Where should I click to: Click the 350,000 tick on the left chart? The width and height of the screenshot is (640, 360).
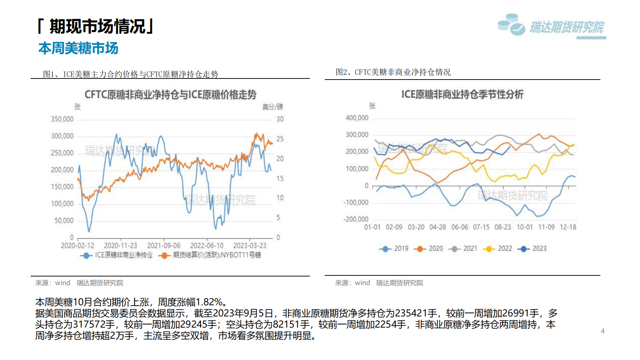click(x=62, y=119)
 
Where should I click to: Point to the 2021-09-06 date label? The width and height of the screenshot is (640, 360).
click(x=164, y=246)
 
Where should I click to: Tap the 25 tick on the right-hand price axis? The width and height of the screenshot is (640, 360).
click(x=280, y=139)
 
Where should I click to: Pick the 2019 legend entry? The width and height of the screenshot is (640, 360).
click(x=394, y=248)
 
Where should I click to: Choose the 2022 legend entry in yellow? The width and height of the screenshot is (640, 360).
click(x=499, y=248)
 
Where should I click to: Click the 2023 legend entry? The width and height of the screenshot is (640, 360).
click(x=533, y=248)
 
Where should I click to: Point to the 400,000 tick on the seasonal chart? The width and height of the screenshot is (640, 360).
click(x=357, y=118)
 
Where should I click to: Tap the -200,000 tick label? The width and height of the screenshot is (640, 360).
click(x=356, y=219)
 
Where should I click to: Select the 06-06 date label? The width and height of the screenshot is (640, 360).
click(x=460, y=227)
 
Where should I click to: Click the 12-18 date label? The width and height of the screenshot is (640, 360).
click(x=568, y=227)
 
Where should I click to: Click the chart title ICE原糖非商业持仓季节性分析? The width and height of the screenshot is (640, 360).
click(x=462, y=95)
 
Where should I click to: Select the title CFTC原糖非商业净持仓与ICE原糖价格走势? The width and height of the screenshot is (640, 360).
click(x=170, y=95)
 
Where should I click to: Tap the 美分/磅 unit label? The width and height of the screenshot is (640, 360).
click(x=272, y=107)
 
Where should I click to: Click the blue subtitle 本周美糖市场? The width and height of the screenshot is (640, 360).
click(x=78, y=48)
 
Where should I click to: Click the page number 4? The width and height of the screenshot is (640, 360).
click(x=603, y=331)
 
